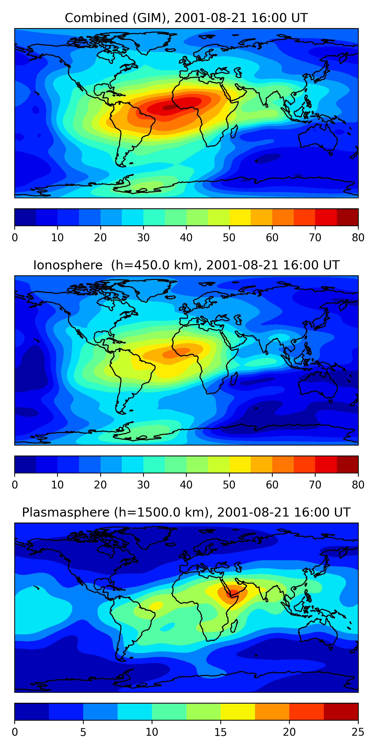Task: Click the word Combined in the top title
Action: click(x=96, y=18)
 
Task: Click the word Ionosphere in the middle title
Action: click(x=68, y=265)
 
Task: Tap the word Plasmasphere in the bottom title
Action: click(x=65, y=513)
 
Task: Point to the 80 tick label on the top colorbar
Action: click(x=358, y=238)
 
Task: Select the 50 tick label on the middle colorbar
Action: click(x=229, y=485)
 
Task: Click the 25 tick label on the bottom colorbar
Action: click(x=358, y=732)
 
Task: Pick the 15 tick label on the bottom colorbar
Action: click(x=221, y=732)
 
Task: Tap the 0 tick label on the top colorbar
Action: click(x=15, y=238)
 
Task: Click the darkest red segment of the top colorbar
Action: click(x=347, y=217)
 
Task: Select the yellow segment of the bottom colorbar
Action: click(x=238, y=712)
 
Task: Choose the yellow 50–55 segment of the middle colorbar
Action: click(x=240, y=464)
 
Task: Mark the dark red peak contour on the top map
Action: click(x=168, y=108)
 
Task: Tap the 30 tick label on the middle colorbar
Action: click(x=143, y=485)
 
